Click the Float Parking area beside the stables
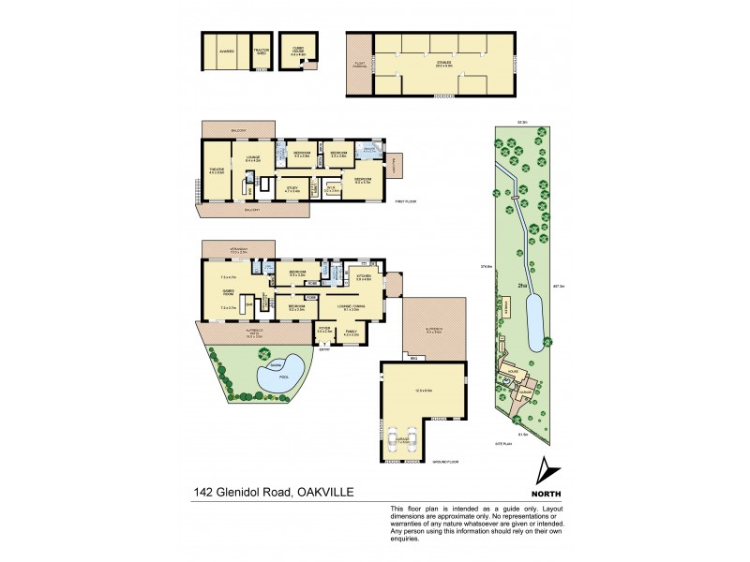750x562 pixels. click(358, 66)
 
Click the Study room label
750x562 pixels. click(293, 189)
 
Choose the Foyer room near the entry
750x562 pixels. click(324, 331)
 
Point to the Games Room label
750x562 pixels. click(228, 291)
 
